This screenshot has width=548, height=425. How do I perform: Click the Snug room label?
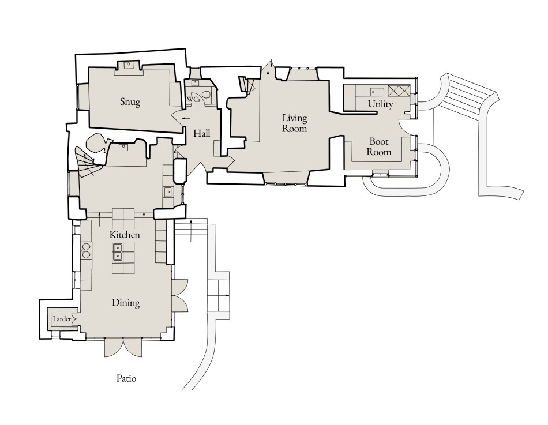130,102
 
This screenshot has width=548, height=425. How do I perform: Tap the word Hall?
201,133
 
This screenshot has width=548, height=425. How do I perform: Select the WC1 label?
193,100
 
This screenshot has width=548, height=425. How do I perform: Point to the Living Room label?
294,123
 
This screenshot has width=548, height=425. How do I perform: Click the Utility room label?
380,104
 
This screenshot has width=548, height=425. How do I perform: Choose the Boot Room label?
380,146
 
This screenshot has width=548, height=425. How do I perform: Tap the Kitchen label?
125,235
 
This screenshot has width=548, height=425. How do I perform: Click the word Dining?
126,303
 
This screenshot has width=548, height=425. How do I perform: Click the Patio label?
126,379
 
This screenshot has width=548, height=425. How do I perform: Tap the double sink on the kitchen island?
118,252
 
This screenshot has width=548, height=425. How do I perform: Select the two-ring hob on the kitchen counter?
86,250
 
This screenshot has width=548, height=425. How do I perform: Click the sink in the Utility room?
377,91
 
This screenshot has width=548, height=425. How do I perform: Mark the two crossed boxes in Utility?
398,91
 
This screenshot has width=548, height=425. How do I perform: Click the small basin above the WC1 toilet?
195,84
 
